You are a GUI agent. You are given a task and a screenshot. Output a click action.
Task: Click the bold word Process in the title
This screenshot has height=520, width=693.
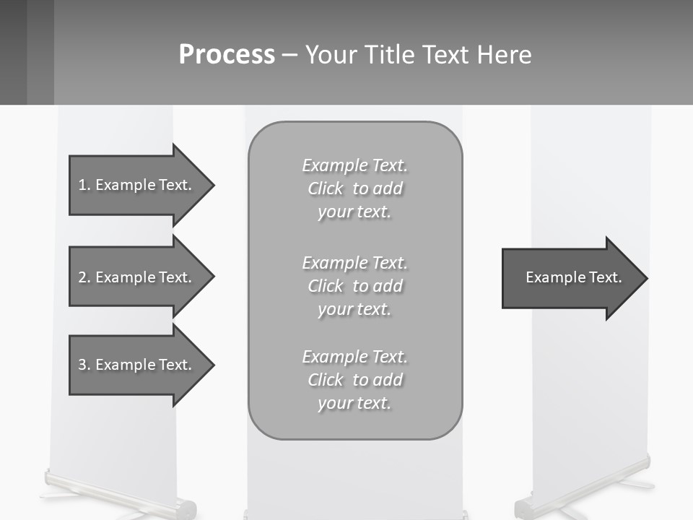coord(227,55)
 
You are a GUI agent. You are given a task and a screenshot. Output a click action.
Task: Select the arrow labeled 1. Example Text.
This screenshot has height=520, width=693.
coord(137,185)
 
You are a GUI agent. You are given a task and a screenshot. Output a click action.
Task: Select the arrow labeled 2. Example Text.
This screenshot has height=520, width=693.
coord(137,277)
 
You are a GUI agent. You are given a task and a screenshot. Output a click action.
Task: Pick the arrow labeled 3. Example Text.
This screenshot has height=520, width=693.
coord(137,365)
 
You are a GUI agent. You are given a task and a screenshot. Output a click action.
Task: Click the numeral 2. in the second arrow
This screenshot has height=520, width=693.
coord(84,277)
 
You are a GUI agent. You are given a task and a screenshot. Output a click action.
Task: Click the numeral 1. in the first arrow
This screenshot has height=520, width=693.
coord(84,185)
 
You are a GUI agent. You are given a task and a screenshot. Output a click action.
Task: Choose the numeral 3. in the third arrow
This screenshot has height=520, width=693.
coord(84,365)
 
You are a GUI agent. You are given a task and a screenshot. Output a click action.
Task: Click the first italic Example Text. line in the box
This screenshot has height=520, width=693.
coord(354,165)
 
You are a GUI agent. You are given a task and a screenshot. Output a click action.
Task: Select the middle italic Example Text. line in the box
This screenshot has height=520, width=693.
coord(354,263)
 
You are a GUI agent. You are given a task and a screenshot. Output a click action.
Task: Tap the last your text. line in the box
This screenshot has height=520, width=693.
coord(354,403)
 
